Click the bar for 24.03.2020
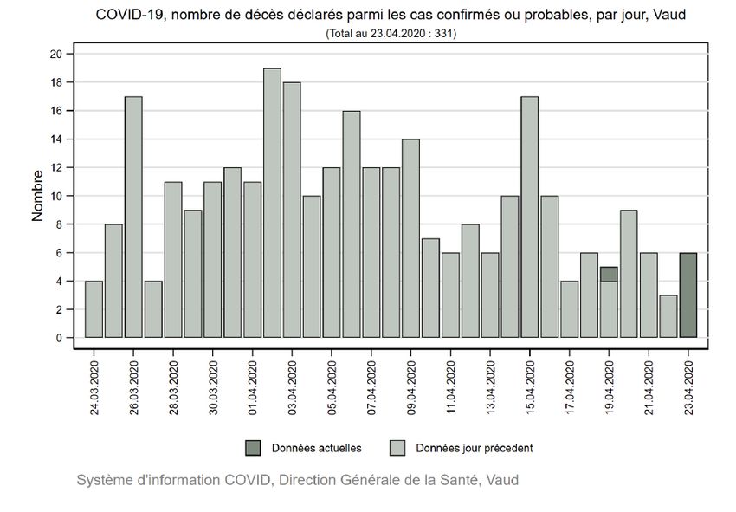click(x=94, y=309)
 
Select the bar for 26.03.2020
click(x=133, y=217)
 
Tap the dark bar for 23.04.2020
click(x=688, y=295)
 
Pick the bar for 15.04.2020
click(x=530, y=217)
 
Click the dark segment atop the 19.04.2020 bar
click(x=609, y=274)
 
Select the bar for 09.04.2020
click(x=410, y=238)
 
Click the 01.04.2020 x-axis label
click(x=253, y=382)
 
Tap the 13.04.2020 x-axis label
click(x=490, y=382)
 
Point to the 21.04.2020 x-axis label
click(x=649, y=382)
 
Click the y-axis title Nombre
click(x=38, y=196)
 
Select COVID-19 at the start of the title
click(x=125, y=16)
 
